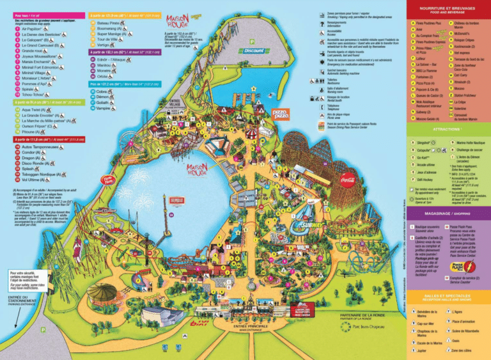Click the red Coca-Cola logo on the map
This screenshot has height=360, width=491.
(x=350, y=180)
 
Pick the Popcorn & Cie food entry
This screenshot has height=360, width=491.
(x=425, y=90)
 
